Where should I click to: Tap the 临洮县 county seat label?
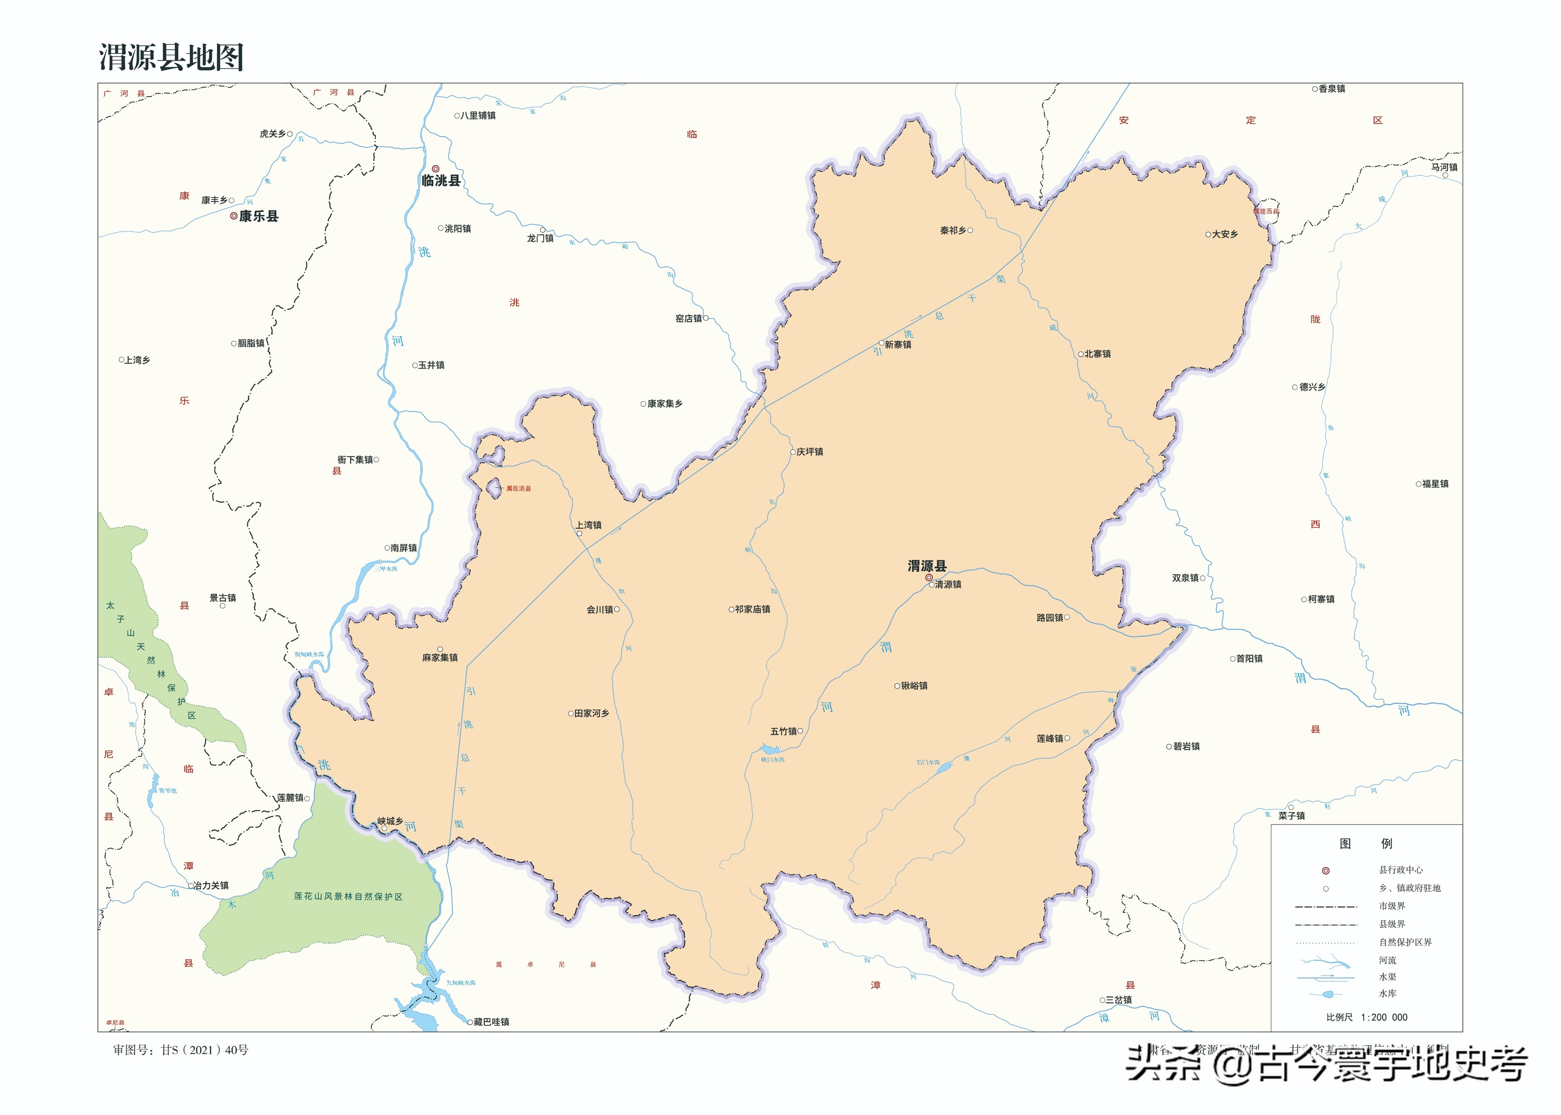coord(441,180)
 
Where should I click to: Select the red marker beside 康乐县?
coord(234,216)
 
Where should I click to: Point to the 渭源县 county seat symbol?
coord(928,577)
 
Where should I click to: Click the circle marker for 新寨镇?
coord(882,343)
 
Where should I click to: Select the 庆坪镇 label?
coord(810,452)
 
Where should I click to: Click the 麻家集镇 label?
coord(439,658)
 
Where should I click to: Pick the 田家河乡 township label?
coord(591,713)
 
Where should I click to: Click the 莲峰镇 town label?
coord(1049,739)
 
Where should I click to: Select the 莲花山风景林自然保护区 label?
coord(348,897)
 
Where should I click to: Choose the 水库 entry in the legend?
coord(1387,994)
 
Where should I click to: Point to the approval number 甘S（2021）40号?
coord(181,1050)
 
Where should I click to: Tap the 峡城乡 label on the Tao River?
coord(390,821)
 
